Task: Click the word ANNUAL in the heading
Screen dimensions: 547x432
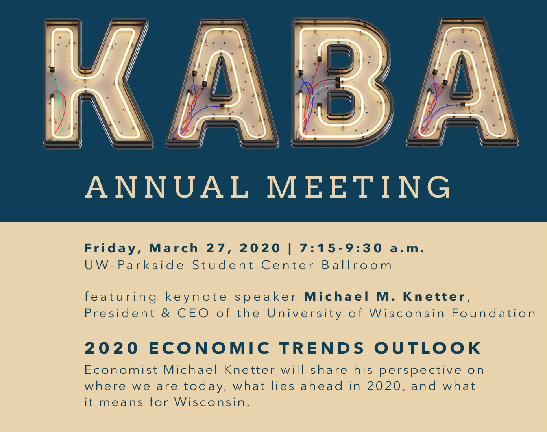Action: click(167, 187)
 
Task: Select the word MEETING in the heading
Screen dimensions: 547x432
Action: click(359, 187)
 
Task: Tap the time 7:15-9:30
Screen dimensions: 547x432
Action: click(341, 248)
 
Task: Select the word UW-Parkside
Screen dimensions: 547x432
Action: click(134, 265)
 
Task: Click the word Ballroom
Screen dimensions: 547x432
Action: click(357, 265)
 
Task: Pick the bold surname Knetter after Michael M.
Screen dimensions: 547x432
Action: click(434, 297)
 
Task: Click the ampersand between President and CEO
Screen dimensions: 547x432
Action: click(166, 313)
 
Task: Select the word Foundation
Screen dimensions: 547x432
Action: click(493, 313)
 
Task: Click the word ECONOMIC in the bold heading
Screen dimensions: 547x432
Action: click(209, 348)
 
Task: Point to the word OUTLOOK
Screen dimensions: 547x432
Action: click(428, 348)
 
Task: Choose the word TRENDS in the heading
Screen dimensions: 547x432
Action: click(322, 348)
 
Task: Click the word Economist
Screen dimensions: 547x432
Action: click(121, 370)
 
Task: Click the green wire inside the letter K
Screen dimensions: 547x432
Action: click(59, 107)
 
